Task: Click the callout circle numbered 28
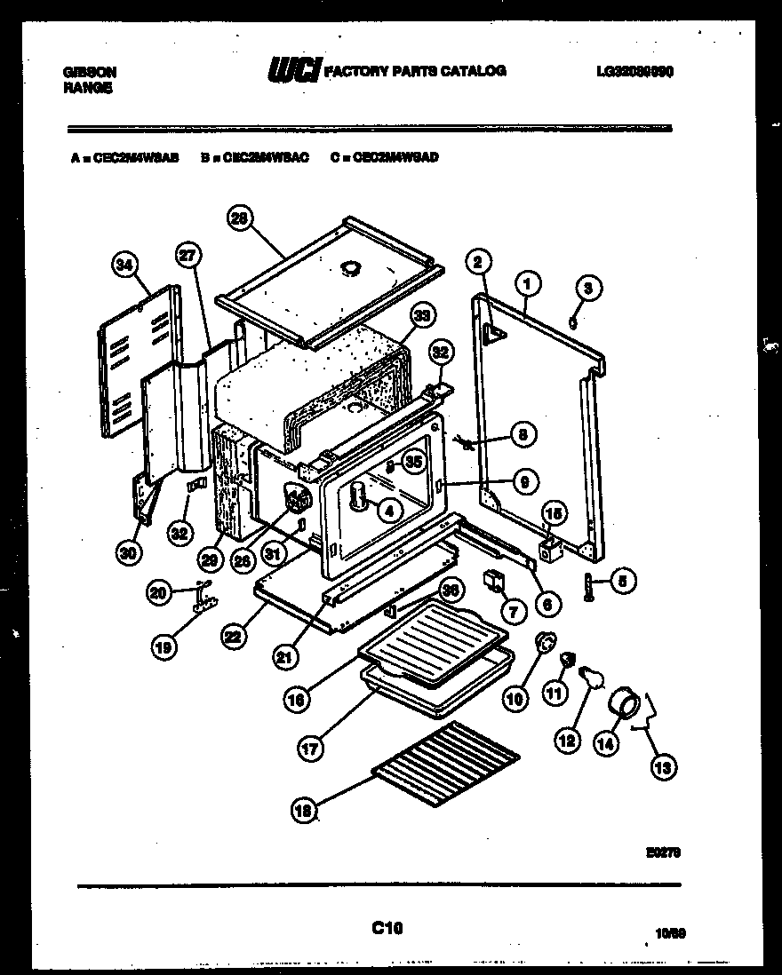pos(239,218)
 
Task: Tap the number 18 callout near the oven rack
pos(305,809)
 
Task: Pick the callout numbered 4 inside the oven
pos(388,510)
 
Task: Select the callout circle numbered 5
pos(622,583)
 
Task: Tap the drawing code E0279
pos(662,852)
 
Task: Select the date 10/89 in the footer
pos(671,934)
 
